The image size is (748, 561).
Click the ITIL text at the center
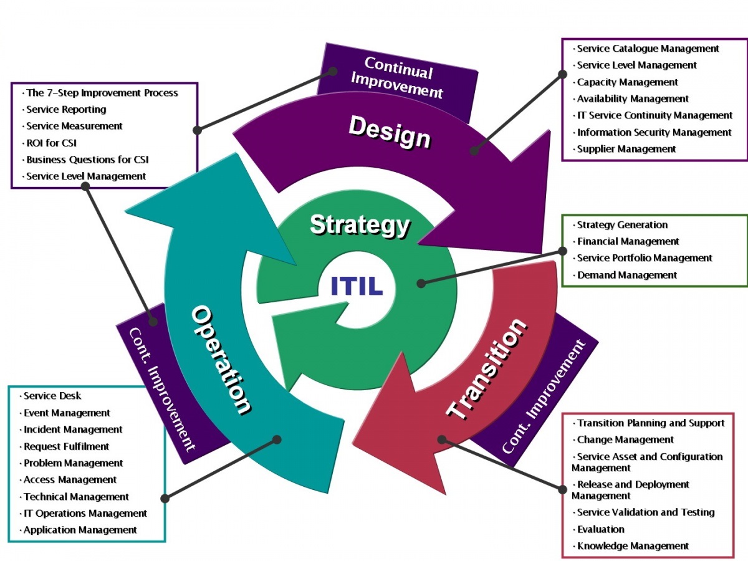(x=357, y=285)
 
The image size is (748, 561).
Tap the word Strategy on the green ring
(x=360, y=225)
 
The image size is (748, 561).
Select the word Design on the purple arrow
(x=390, y=132)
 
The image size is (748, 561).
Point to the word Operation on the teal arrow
(x=221, y=360)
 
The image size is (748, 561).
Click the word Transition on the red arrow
(x=487, y=369)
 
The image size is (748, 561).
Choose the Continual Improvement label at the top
(x=397, y=78)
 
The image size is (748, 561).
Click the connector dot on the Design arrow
(x=474, y=151)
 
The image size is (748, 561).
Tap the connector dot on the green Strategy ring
(x=421, y=283)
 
